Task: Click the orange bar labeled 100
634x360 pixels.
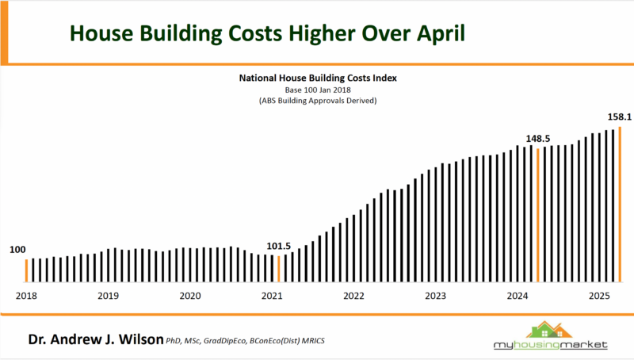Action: tap(25, 270)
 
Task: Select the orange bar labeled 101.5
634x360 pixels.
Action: tap(279, 268)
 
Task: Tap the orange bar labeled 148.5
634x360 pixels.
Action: tap(538, 215)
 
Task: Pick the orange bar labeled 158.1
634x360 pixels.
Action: tap(620, 205)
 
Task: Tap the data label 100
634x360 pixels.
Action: tap(17, 250)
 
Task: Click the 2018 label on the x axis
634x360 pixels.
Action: tap(26, 296)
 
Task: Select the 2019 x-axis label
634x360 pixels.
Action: tap(108, 296)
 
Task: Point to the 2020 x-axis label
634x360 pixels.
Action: tap(189, 296)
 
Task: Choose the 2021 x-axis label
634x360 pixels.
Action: tap(271, 296)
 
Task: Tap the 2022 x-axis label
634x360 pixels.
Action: tap(353, 296)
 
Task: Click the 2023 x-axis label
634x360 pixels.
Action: tap(435, 296)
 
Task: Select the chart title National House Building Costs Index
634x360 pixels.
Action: tap(318, 79)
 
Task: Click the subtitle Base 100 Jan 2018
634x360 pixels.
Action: tap(318, 90)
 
